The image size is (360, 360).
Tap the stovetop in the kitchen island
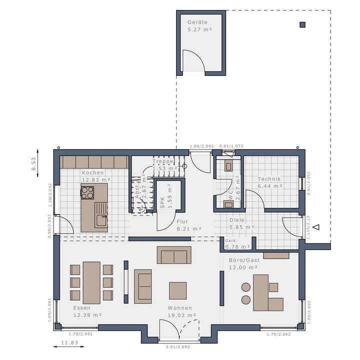(87, 191)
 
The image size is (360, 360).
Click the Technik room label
(269, 182)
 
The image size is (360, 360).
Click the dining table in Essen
(91, 282)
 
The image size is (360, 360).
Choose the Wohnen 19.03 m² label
(180, 311)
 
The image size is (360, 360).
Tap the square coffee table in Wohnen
(177, 290)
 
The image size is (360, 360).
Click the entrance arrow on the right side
(315, 227)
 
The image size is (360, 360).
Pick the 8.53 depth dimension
(34, 164)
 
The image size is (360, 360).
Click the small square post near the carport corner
(302, 24)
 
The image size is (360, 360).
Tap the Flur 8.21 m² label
(188, 224)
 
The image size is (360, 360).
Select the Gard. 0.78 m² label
(237, 243)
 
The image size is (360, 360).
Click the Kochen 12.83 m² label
(96, 175)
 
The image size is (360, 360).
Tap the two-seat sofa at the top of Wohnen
(174, 254)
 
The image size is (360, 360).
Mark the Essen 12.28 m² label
(87, 311)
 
